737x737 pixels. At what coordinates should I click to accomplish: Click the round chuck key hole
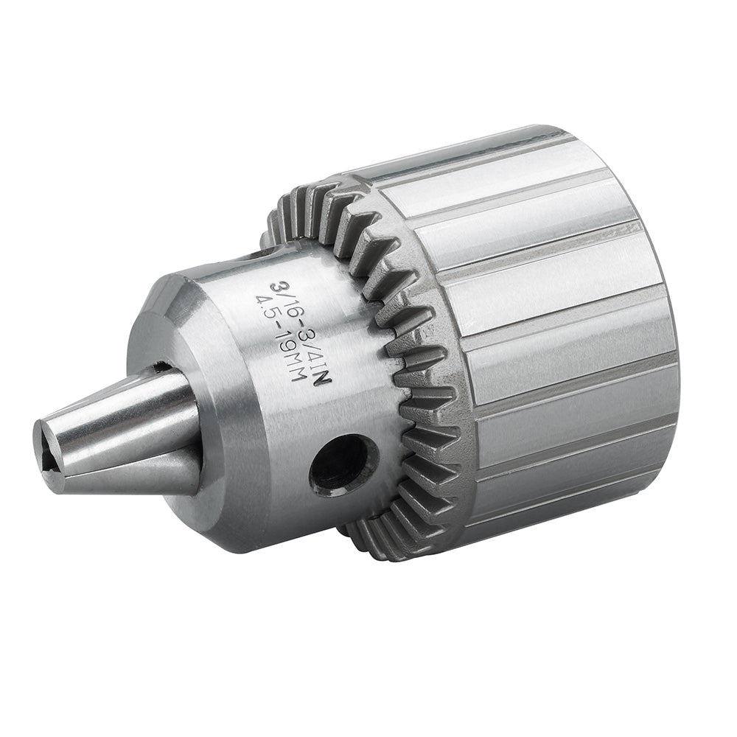[343, 466]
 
